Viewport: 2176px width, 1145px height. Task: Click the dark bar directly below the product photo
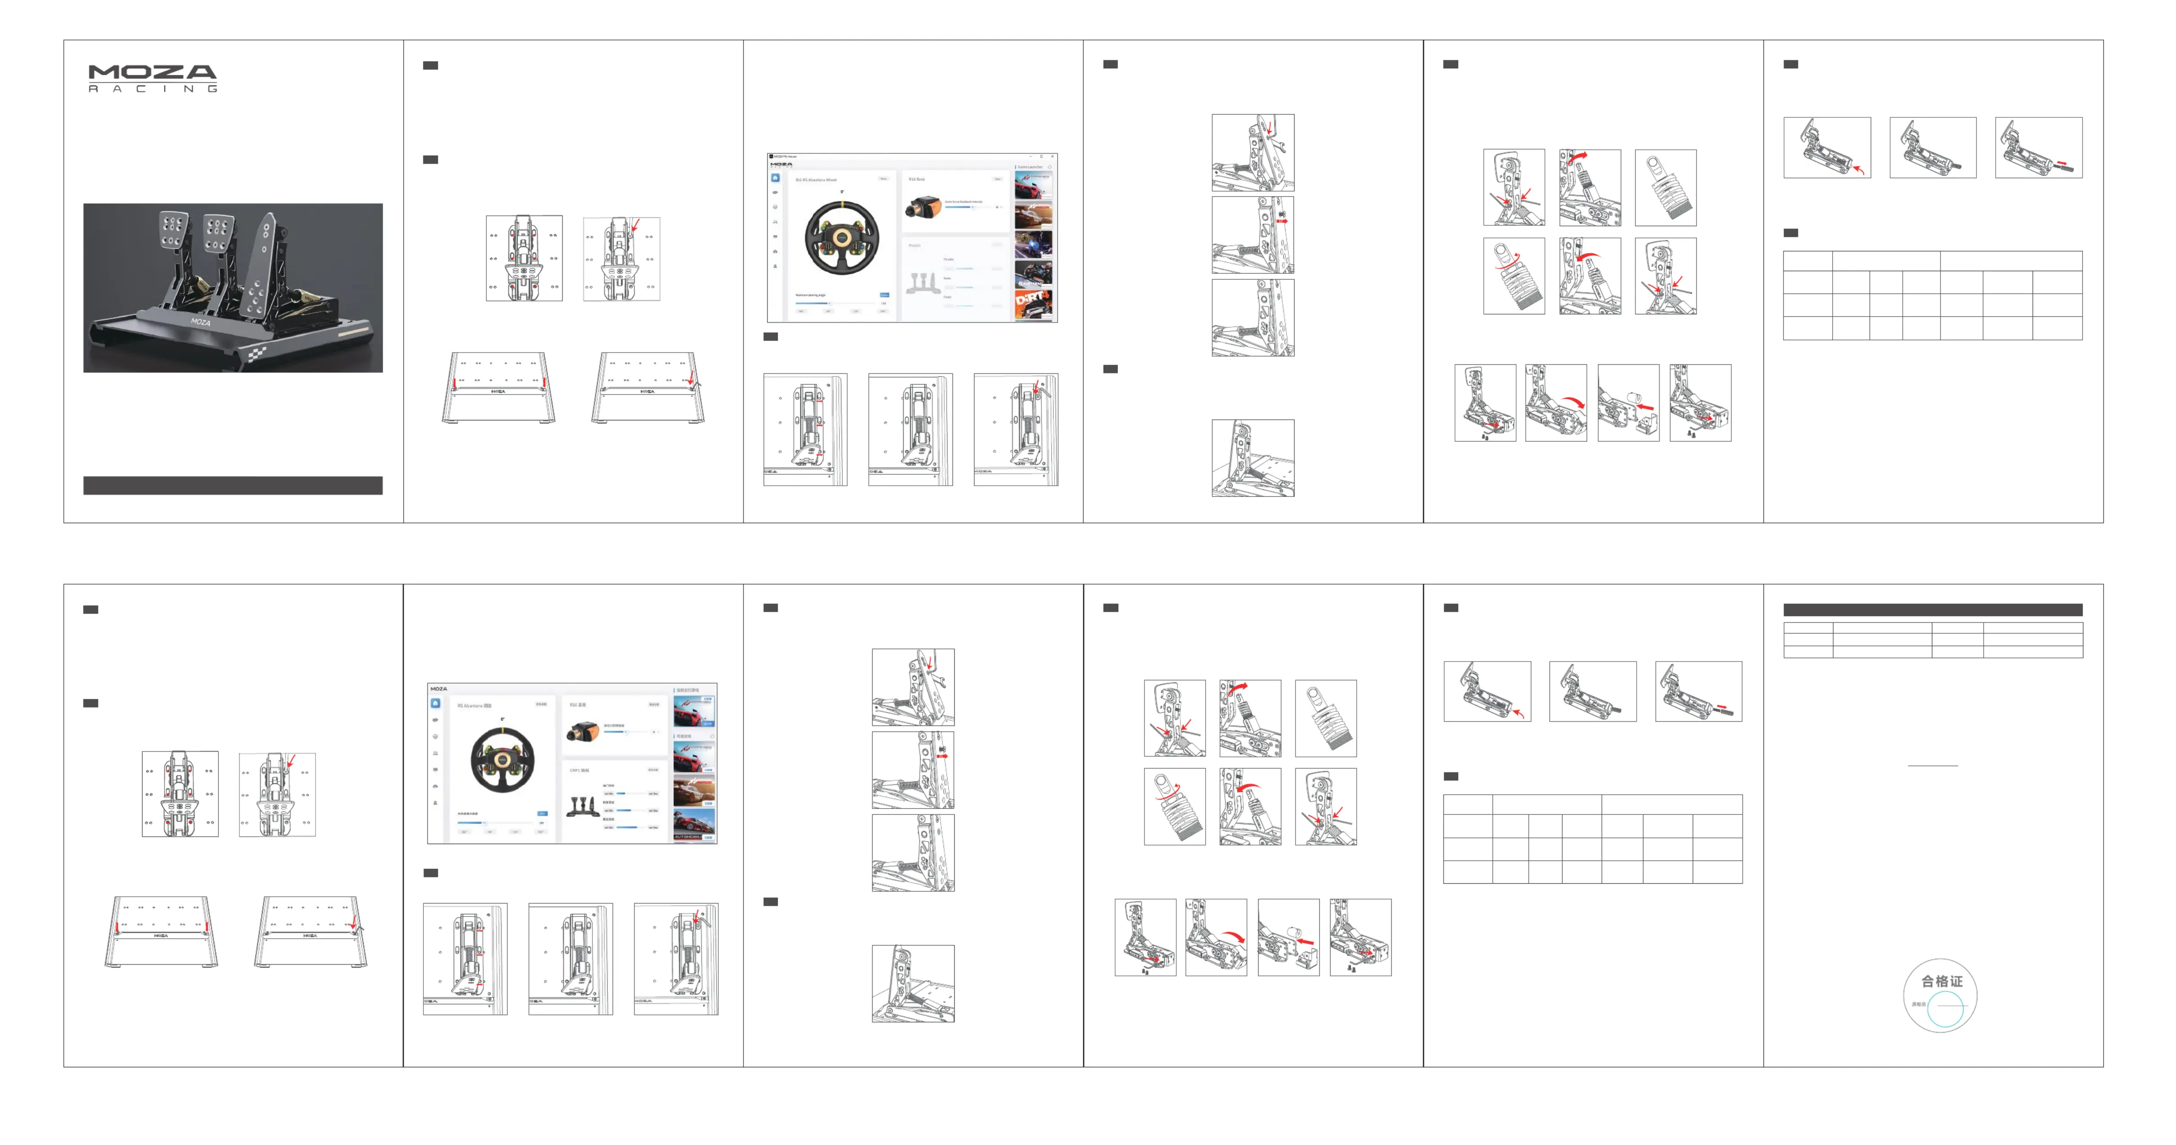232,485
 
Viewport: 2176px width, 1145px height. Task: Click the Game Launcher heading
1031,167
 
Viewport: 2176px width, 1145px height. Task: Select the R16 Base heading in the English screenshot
917,179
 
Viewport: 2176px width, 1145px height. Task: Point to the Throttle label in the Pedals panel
948,259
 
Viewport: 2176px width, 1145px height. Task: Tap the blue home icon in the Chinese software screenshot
435,703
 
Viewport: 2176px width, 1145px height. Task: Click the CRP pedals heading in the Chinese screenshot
579,771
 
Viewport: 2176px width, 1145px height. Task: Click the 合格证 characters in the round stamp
1941,981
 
